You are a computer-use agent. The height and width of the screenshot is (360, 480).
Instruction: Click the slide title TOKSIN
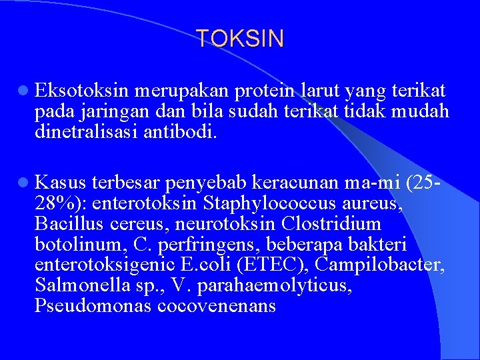click(240, 39)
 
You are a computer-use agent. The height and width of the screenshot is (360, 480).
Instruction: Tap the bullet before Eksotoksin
click(23, 91)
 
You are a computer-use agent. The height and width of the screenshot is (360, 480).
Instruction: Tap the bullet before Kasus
click(23, 181)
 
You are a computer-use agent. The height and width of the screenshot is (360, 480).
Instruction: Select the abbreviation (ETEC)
click(273, 265)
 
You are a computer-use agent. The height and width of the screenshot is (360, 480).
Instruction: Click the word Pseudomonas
click(93, 306)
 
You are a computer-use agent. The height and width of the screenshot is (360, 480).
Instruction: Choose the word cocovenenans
click(217, 306)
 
